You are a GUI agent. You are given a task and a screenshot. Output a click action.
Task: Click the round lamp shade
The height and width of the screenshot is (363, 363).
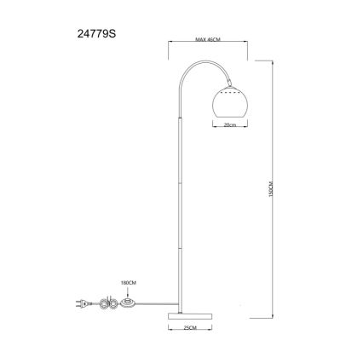coord(228,101)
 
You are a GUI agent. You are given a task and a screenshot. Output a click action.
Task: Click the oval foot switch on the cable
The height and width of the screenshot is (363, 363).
coord(128,301)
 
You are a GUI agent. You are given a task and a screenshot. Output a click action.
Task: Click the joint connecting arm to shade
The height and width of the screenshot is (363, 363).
coord(228,83)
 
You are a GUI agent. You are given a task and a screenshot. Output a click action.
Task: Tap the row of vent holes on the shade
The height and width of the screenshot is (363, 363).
coord(228,89)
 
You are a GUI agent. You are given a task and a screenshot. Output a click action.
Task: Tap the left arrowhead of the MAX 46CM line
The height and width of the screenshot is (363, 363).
coord(170,45)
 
